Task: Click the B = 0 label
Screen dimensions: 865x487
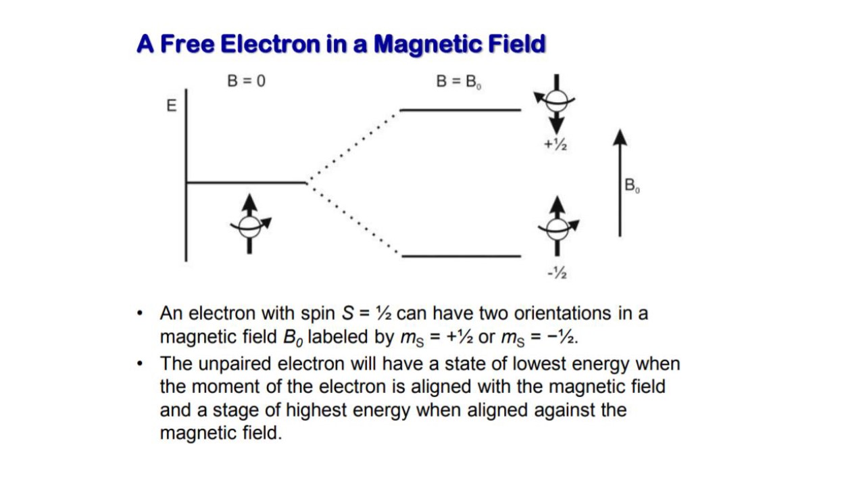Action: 247,81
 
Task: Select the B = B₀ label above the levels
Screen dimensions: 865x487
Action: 458,82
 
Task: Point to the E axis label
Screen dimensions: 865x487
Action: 172,106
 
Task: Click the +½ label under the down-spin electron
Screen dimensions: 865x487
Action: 555,145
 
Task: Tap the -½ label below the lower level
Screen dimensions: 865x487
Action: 557,273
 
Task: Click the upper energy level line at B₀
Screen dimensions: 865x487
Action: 460,110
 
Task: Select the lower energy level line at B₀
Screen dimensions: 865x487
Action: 462,256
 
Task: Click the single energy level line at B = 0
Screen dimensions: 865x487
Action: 247,183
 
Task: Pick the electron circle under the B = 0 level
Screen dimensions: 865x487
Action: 249,227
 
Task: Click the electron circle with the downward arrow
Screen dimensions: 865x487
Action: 556,101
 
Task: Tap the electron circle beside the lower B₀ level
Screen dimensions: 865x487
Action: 558,229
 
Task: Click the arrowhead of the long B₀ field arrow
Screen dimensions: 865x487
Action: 620,137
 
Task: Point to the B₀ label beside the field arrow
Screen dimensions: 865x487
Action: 632,185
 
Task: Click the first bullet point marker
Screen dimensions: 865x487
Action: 140,313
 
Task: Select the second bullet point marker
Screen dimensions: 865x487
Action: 140,364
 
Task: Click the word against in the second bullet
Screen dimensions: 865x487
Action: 564,411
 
